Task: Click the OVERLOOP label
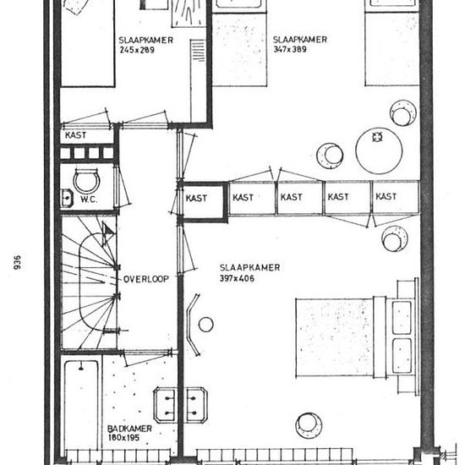pos(146,279)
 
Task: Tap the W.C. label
pos(89,200)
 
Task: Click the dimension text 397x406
pos(237,278)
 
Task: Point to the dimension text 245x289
pos(137,50)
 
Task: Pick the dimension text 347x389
pos(290,49)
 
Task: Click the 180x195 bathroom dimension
pos(123,438)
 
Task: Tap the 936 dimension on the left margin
pos(18,262)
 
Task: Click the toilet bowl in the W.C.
pos(86,181)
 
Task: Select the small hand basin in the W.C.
pos(67,198)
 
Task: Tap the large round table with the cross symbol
pos(379,150)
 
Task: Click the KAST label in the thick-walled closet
pos(196,198)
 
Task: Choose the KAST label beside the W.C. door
pos(75,135)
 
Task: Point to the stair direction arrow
pos(107,230)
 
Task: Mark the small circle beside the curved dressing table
pos(205,324)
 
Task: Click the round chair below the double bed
pos(309,425)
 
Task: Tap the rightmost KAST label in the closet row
pos(386,197)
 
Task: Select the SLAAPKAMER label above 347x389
pos(300,40)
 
